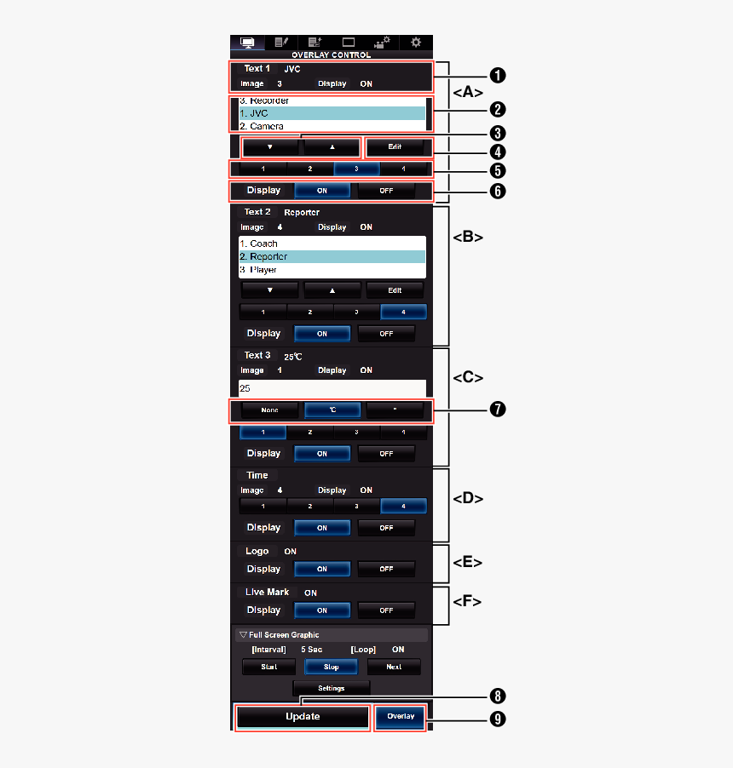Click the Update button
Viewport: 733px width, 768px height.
tap(303, 717)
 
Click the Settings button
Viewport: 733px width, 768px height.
tap(331, 687)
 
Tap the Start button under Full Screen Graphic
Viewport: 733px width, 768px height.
tap(268, 667)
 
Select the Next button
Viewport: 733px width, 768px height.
tap(393, 667)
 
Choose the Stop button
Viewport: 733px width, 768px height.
tap(331, 667)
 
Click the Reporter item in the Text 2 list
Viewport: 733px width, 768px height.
tap(332, 256)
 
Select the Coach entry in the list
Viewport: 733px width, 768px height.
tap(332, 244)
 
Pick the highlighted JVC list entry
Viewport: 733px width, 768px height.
tap(332, 113)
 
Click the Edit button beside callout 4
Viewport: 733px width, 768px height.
tap(394, 147)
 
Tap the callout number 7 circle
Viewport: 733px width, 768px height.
tap(498, 410)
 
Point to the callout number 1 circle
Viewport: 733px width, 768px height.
tap(498, 74)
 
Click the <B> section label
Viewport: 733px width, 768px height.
tap(468, 238)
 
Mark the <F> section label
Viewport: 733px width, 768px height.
tap(467, 602)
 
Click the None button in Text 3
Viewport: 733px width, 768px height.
tap(269, 410)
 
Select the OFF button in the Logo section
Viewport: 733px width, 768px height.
tap(386, 569)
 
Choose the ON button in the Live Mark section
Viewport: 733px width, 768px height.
tap(322, 610)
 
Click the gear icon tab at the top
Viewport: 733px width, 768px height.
tap(415, 42)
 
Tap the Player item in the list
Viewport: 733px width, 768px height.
tap(332, 270)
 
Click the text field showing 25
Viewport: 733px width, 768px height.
tap(332, 388)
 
